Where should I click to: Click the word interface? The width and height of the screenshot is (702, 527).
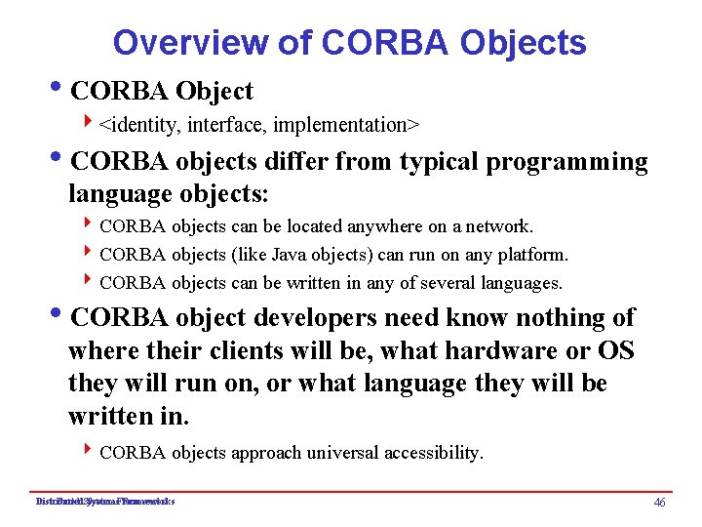click(229, 125)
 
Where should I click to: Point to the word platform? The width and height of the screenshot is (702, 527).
click(532, 255)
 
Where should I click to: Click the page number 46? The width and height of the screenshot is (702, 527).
click(659, 502)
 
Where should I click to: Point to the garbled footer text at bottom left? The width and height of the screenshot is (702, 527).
click(104, 502)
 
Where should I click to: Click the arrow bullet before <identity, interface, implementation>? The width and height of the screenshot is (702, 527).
click(89, 124)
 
